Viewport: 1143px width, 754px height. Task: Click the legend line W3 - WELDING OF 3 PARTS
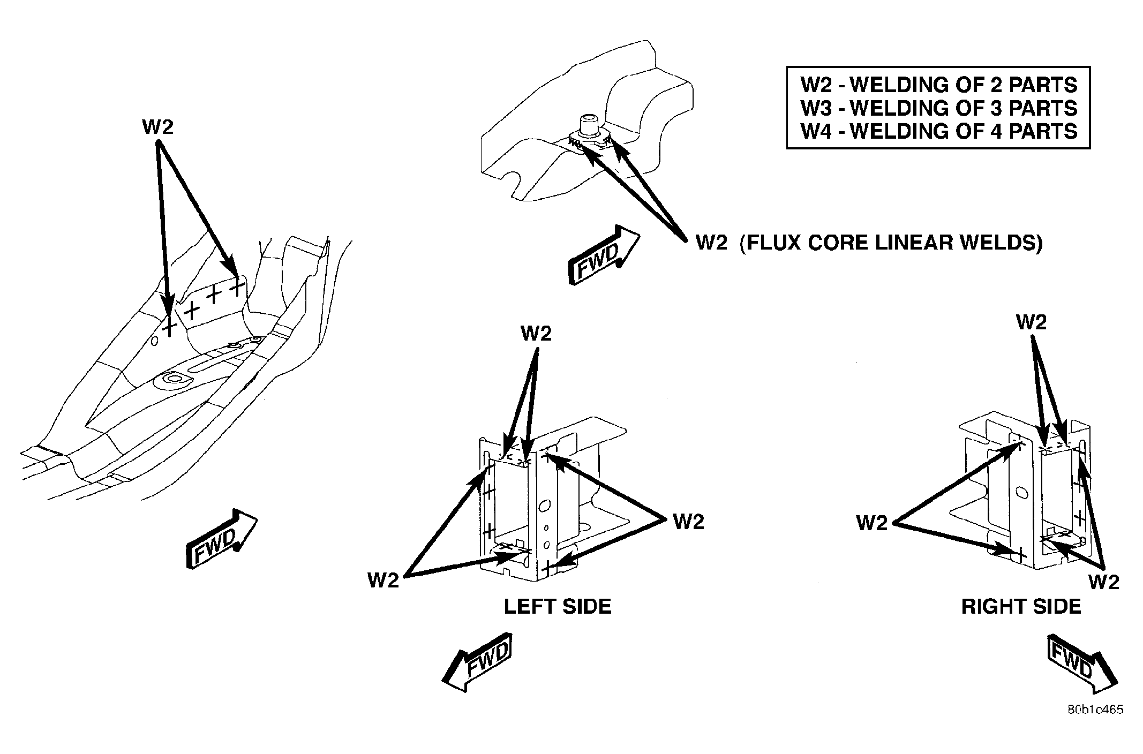tap(938, 108)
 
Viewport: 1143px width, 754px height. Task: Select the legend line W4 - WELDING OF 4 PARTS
tap(938, 131)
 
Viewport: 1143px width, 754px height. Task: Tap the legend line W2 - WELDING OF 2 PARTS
tap(938, 85)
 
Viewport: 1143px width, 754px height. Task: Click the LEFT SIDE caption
tap(558, 606)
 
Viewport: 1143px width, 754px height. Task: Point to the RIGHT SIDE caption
tap(1021, 606)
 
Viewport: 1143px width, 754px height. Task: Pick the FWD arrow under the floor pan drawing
tap(221, 538)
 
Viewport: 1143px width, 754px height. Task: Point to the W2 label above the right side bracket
tap(1031, 322)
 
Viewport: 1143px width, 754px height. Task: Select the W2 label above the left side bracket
tap(536, 333)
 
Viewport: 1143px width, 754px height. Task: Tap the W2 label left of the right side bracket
tap(872, 523)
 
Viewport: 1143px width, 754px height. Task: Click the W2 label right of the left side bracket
tap(688, 521)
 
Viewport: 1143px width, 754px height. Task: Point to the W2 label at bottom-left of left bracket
tap(383, 579)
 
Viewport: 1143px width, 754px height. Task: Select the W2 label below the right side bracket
tap(1104, 582)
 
